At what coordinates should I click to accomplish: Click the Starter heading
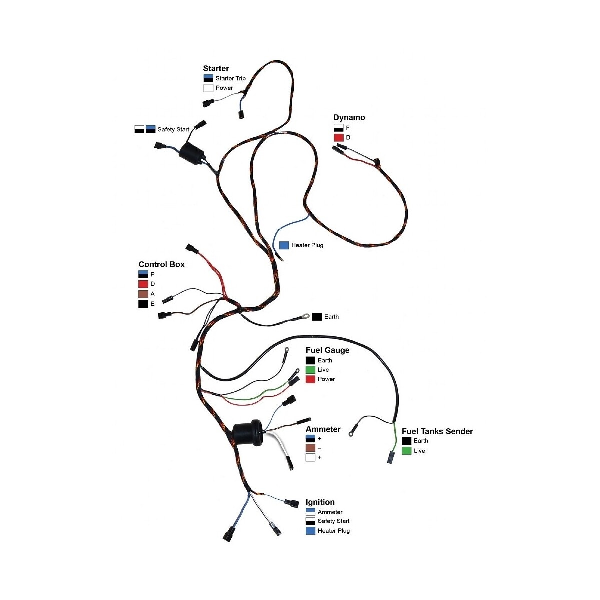pyautogui.click(x=216, y=69)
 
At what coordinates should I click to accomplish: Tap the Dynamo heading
pyautogui.click(x=349, y=118)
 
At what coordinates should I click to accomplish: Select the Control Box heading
pyautogui.click(x=161, y=265)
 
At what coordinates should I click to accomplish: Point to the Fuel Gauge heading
pyautogui.click(x=327, y=350)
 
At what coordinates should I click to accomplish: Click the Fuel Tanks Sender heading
pyautogui.click(x=437, y=431)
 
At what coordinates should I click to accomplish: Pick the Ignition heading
pyautogui.click(x=320, y=502)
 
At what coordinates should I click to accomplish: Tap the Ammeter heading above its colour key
pyautogui.click(x=323, y=429)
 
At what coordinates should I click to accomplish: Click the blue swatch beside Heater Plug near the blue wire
pyautogui.click(x=284, y=245)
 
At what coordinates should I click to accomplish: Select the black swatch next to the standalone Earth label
pyautogui.click(x=317, y=317)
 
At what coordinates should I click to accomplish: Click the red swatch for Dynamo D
pyautogui.click(x=338, y=137)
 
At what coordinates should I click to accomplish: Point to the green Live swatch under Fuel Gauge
pyautogui.click(x=310, y=370)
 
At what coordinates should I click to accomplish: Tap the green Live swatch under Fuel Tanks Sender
pyautogui.click(x=406, y=451)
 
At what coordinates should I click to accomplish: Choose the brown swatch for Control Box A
pyautogui.click(x=143, y=294)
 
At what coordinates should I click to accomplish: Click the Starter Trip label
pyautogui.click(x=230, y=78)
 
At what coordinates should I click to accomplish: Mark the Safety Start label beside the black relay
pyautogui.click(x=173, y=129)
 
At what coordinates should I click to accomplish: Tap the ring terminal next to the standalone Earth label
pyautogui.click(x=304, y=316)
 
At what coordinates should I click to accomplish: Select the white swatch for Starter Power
pyautogui.click(x=208, y=88)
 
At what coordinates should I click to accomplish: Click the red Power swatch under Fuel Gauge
pyautogui.click(x=310, y=379)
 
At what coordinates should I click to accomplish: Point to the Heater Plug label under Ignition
pyautogui.click(x=333, y=531)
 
